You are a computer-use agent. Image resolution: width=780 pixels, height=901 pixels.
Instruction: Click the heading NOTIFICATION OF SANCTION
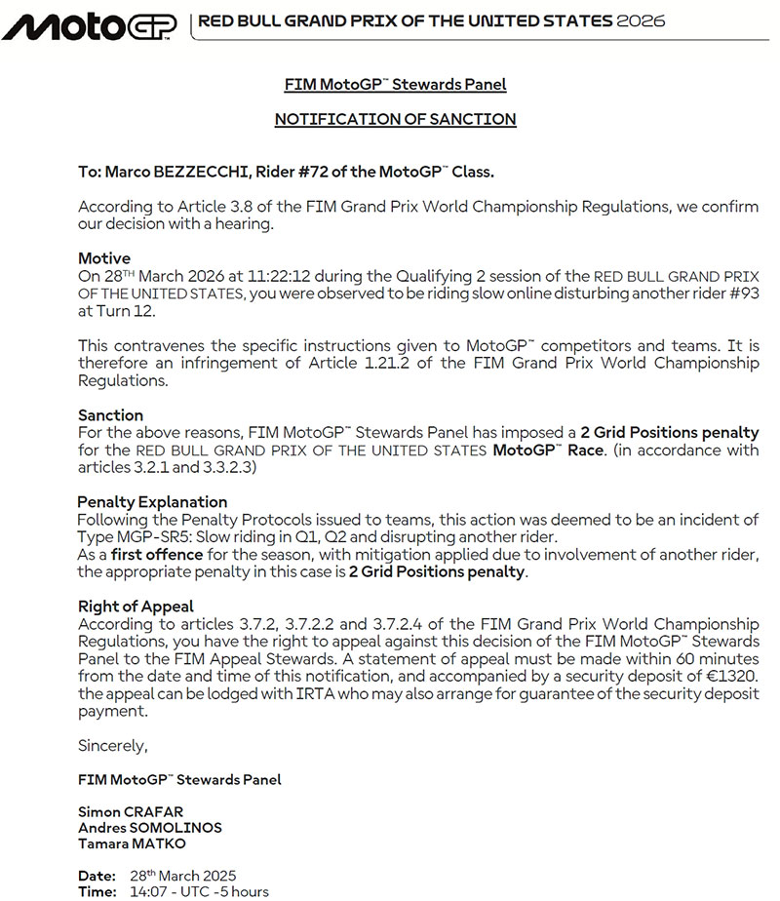(395, 119)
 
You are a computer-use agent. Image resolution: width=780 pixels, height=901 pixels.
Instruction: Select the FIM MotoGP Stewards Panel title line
(395, 84)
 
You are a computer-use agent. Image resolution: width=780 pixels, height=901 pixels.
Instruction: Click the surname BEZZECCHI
(195, 172)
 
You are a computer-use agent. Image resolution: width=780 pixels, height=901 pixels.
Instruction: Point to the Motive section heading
(103, 258)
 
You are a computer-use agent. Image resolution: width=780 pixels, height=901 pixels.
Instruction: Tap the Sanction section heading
(110, 414)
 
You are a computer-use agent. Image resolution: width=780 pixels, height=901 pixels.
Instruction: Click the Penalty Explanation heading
(152, 501)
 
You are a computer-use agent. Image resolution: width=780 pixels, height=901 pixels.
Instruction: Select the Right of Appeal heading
(136, 606)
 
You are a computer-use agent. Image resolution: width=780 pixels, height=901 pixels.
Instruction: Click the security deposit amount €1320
(730, 676)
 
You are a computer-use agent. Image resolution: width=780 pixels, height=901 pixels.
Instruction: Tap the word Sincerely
(113, 746)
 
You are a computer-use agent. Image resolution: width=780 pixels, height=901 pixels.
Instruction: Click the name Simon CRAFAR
(130, 811)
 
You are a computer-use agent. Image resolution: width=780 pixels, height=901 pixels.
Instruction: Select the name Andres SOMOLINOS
(150, 828)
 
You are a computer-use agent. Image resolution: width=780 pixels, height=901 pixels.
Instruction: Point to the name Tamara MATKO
(134, 843)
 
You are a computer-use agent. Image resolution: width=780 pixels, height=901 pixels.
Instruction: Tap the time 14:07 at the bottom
(147, 891)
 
